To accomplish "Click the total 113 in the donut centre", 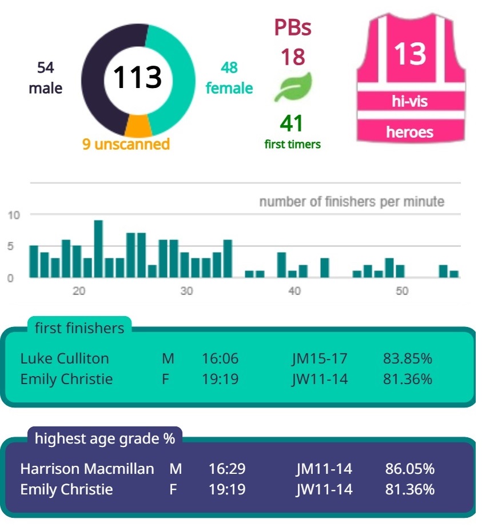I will pos(137,77).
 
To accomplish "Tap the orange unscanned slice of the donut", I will pos(137,124).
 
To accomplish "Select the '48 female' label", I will pos(229,78).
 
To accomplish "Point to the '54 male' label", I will pos(45,78).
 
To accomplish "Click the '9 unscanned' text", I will pos(126,143).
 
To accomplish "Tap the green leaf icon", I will pos(293,87).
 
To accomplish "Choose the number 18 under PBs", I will pos(292,57).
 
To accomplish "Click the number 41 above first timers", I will pos(292,123).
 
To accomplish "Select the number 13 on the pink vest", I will pos(410,54).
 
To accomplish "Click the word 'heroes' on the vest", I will pos(409,132).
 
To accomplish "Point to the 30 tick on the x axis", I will pos(186,291).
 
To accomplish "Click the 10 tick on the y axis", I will pos(14,215).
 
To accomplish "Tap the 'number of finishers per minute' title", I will pos(351,202).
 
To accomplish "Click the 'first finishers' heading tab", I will pos(79,328).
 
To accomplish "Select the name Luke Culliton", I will pos(65,358).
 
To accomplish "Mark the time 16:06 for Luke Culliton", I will pos(220,358).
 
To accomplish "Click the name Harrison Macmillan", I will pos(87,469).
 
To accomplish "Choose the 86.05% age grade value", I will pos(409,469).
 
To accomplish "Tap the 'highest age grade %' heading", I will pos(105,438).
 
